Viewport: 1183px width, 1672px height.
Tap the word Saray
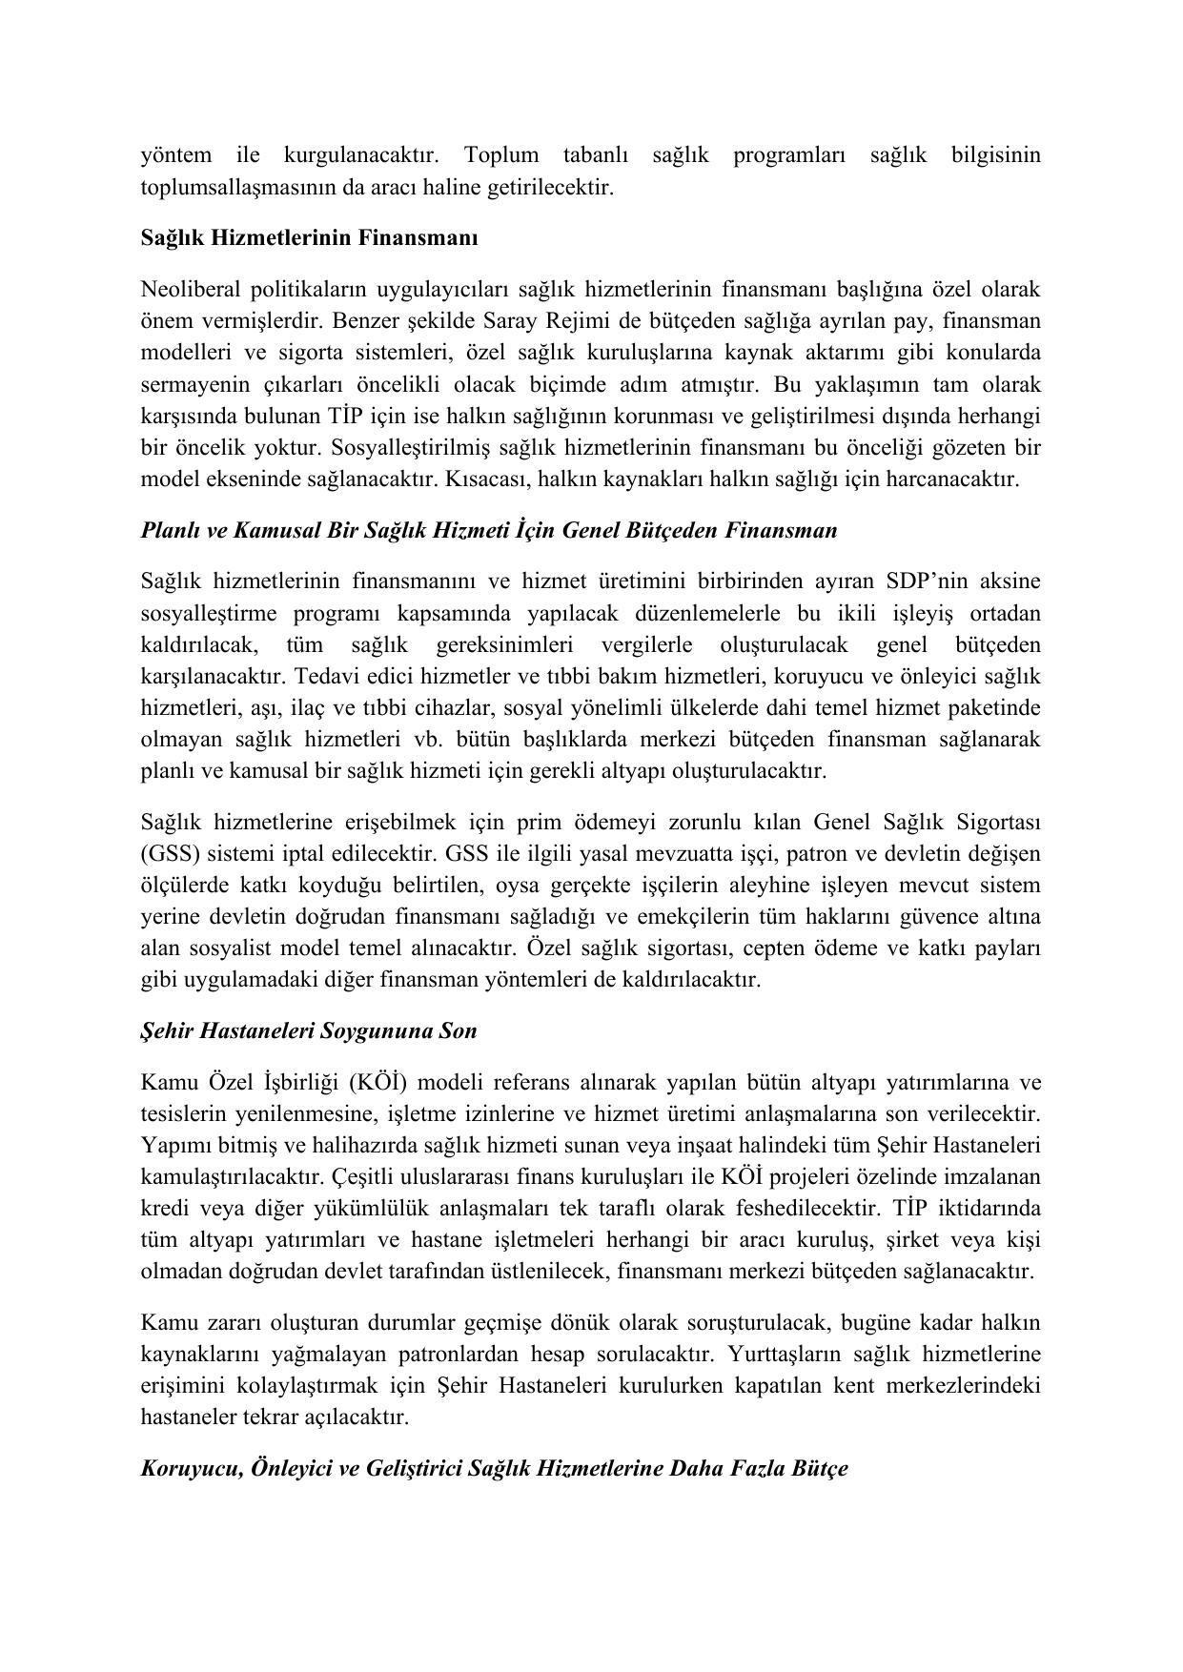click(x=511, y=321)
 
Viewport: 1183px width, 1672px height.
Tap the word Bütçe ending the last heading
click(x=820, y=1469)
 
